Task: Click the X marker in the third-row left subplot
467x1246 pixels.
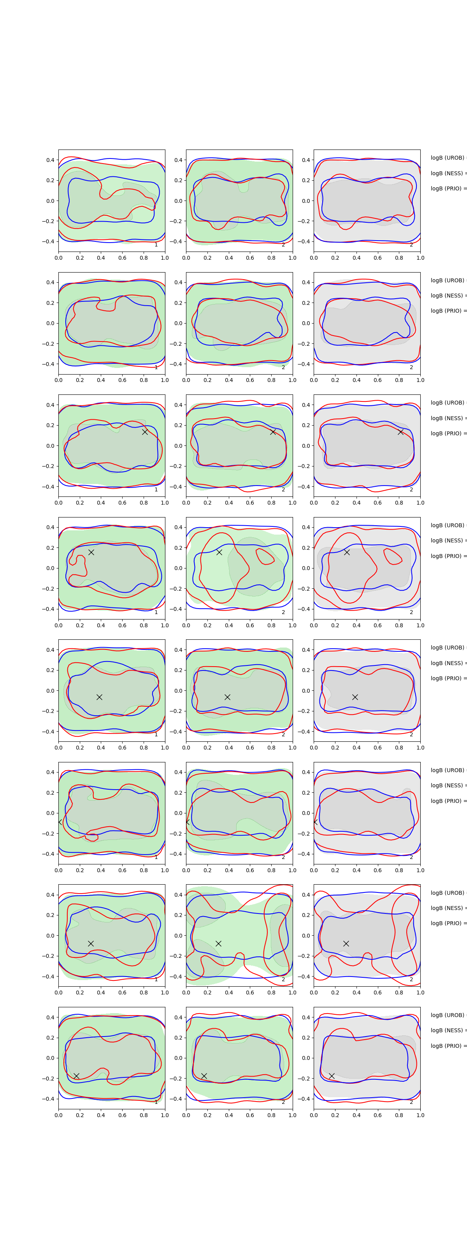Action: tap(144, 431)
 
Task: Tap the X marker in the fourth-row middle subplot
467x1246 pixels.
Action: tap(219, 552)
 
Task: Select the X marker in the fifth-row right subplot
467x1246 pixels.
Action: tap(355, 697)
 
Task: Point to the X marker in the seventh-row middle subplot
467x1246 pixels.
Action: tap(218, 943)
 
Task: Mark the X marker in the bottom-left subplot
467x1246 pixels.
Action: tap(76, 1076)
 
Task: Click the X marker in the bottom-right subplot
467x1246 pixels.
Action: tap(332, 1076)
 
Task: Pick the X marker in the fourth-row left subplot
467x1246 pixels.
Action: tap(91, 552)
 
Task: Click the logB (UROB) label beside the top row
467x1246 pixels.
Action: tap(448, 158)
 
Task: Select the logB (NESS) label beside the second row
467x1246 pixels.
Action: tap(448, 296)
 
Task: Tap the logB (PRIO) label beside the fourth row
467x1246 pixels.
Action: tap(448, 556)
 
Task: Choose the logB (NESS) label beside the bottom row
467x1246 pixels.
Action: tap(448, 1030)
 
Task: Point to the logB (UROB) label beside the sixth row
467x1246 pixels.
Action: tap(448, 770)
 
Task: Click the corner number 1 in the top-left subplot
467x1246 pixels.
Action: tap(156, 245)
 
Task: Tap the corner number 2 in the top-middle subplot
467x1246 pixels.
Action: tap(283, 245)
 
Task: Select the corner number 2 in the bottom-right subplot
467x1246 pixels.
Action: tap(411, 1102)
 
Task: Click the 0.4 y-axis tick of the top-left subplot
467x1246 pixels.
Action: tap(50, 160)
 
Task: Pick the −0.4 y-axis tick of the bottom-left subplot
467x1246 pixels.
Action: tap(48, 1099)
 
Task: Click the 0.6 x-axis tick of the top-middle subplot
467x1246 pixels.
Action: tap(250, 258)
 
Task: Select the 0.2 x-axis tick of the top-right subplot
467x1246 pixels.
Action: tap(335, 258)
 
